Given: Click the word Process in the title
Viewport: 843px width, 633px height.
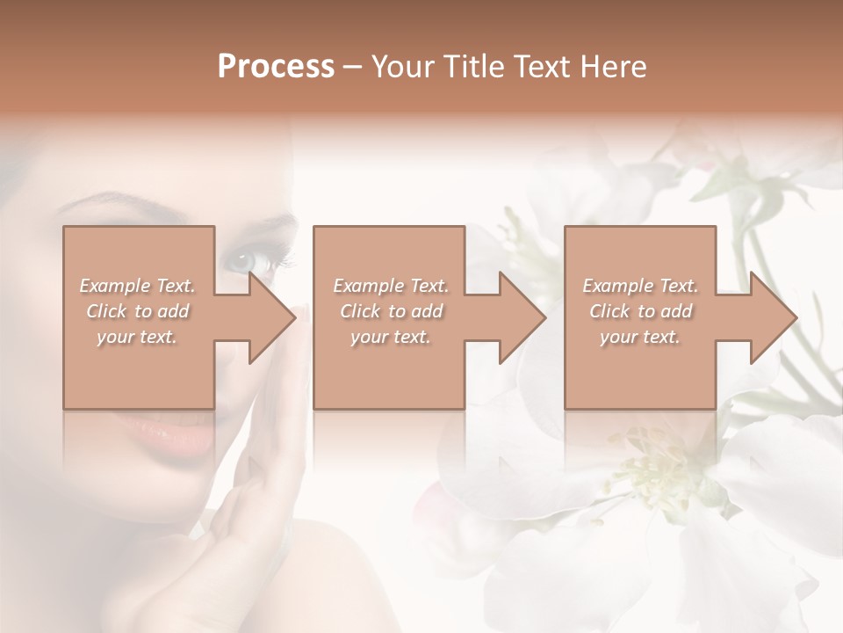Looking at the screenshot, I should [x=276, y=67].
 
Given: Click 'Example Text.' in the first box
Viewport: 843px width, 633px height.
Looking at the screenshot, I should [x=137, y=286].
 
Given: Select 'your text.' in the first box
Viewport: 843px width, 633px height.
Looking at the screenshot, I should [x=137, y=337].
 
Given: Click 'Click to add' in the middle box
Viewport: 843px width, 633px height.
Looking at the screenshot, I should [x=390, y=311].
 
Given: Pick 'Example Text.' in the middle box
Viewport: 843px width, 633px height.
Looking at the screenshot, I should [x=390, y=286].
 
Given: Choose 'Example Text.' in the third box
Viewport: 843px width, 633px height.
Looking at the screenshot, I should [x=640, y=286].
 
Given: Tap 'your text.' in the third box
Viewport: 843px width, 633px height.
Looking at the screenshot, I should [x=640, y=337].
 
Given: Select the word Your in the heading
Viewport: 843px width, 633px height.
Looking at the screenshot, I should [x=402, y=67].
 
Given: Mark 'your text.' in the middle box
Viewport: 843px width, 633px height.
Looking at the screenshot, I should [x=390, y=337].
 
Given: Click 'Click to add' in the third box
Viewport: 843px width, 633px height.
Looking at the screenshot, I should [x=640, y=311].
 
